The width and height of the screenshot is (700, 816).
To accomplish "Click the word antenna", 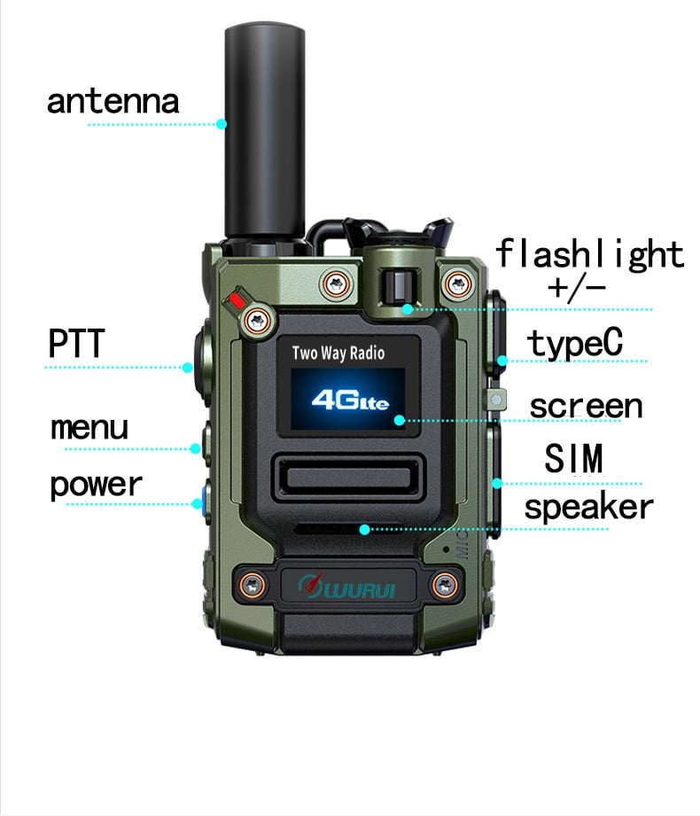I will tap(113, 100).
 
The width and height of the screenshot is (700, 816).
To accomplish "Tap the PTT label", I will tap(77, 343).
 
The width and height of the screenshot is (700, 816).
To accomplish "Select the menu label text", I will tap(89, 428).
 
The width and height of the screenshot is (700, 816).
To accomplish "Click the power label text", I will tap(96, 485).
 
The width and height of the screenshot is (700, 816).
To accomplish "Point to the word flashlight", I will tap(589, 253).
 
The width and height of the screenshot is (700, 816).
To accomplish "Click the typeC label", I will tap(576, 343).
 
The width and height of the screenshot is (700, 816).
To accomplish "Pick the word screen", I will tap(586, 406).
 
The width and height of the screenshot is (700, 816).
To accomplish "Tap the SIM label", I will tap(574, 459).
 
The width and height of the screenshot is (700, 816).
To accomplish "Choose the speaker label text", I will tap(588, 508).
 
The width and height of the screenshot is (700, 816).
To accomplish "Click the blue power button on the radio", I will tap(204, 499).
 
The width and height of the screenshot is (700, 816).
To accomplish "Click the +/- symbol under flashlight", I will tap(577, 286).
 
